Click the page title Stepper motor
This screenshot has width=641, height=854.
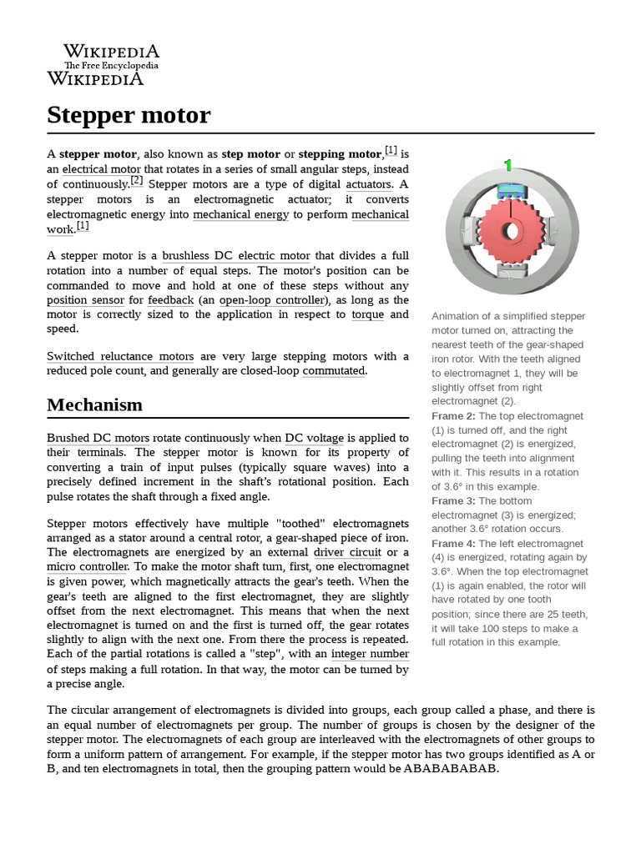coord(129,115)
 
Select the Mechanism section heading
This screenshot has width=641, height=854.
coord(94,404)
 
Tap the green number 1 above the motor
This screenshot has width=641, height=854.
coord(507,165)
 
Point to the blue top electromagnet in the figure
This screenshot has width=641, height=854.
coord(507,191)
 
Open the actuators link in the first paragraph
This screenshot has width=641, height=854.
coord(368,183)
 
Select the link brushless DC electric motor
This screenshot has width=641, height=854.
coord(236,256)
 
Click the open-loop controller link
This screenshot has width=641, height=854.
coord(271,299)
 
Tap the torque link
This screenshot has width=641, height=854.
coord(367,314)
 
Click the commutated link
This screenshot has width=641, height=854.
coord(334,371)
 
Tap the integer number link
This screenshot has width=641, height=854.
coord(370,654)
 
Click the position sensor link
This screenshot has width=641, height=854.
coord(85,299)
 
